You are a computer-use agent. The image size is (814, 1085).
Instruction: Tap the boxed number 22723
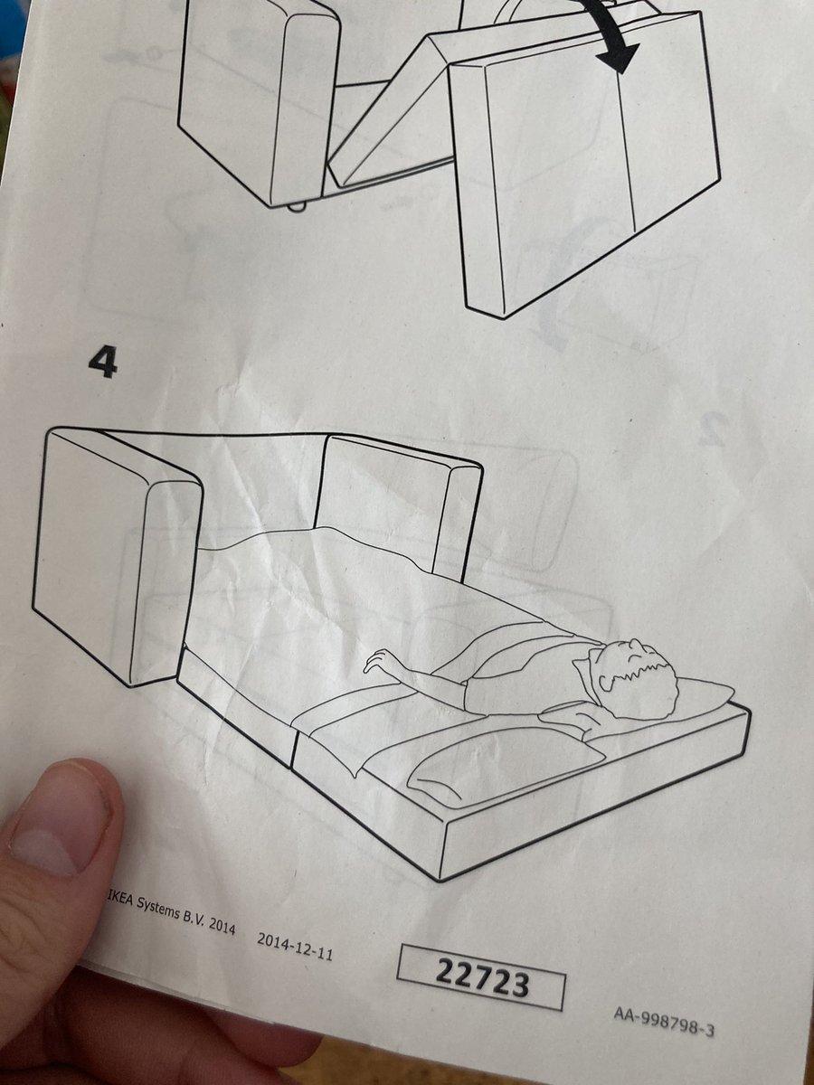click(482, 977)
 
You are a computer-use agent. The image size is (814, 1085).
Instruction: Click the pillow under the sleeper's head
click(696, 696)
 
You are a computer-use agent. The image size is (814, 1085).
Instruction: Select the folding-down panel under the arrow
click(588, 172)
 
